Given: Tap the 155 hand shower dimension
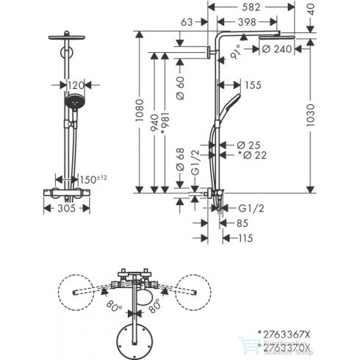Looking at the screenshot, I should tap(253, 84).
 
